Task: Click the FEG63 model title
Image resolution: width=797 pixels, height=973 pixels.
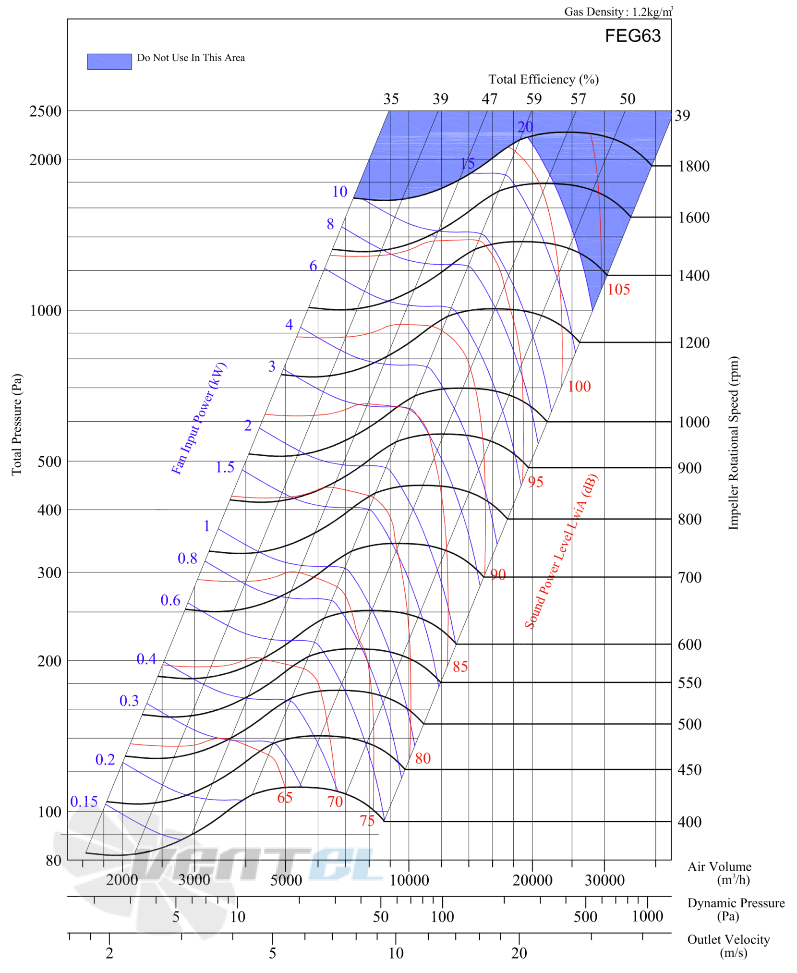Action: (632, 36)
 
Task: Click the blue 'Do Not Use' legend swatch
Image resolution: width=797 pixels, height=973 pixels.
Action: (109, 61)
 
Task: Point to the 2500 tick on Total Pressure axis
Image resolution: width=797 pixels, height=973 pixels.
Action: (45, 111)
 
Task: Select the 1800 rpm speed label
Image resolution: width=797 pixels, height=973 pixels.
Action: (693, 166)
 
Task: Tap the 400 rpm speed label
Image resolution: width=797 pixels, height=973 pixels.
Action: (689, 822)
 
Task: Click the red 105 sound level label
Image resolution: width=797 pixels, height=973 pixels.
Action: (618, 289)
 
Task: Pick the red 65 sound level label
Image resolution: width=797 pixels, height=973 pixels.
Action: (285, 797)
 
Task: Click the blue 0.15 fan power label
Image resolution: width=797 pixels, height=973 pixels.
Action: (84, 801)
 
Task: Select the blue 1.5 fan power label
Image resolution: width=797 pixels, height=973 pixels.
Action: (225, 467)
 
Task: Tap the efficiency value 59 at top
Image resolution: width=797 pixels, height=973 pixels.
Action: (533, 99)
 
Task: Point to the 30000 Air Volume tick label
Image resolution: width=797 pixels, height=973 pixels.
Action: (604, 880)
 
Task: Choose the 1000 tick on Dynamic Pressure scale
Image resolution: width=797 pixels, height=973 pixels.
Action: (647, 916)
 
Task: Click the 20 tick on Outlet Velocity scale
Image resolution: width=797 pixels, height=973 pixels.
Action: (519, 953)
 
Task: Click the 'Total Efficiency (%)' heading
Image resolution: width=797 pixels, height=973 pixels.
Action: (543, 79)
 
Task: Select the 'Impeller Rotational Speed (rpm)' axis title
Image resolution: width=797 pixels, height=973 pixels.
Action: (733, 443)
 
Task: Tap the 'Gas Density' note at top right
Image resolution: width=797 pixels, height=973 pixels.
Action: (618, 12)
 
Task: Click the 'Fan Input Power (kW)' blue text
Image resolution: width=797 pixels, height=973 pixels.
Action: (199, 418)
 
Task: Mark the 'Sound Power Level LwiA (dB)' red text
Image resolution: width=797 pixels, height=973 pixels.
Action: (561, 551)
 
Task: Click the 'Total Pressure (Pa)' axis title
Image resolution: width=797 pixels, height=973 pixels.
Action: (17, 425)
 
